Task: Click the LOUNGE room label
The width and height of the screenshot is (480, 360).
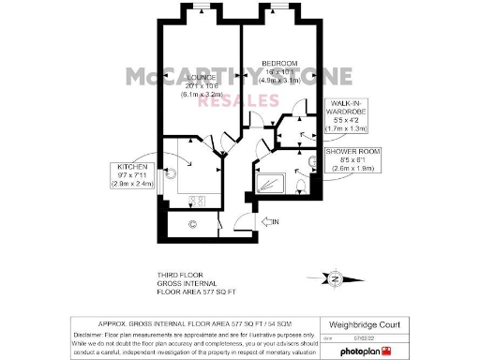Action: click(201, 77)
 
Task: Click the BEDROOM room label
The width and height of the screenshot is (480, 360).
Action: click(279, 62)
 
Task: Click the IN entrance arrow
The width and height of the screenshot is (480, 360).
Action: click(274, 221)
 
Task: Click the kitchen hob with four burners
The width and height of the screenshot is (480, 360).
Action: click(199, 200)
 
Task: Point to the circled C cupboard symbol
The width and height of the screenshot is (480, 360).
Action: click(192, 223)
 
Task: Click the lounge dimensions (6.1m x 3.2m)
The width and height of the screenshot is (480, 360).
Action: click(202, 95)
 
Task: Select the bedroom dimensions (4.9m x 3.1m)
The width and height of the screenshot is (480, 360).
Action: click(279, 81)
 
